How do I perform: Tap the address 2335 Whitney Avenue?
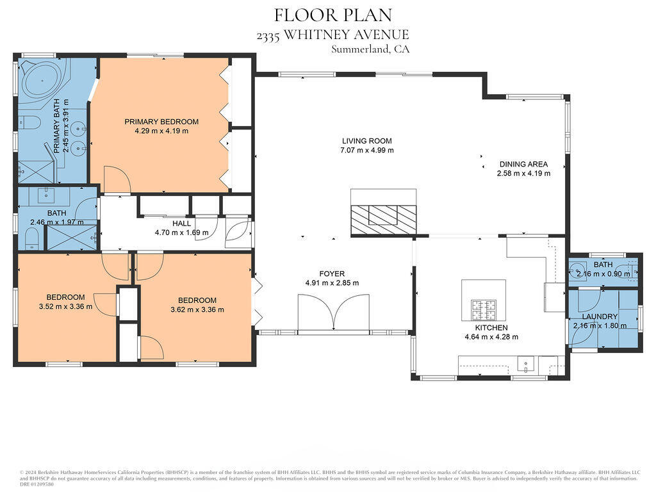(x=332, y=35)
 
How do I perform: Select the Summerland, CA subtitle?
(x=370, y=49)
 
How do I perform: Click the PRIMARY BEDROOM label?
(x=161, y=122)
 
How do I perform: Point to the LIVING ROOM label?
(x=366, y=141)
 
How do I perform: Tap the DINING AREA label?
(x=523, y=164)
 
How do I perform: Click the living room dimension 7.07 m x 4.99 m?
(x=367, y=151)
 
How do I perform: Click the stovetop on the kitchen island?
(x=484, y=309)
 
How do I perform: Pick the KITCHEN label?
(x=491, y=327)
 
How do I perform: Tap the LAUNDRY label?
(x=600, y=316)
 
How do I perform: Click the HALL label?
(x=181, y=223)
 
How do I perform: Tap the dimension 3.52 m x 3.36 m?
(x=65, y=306)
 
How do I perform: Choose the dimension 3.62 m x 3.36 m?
(x=197, y=309)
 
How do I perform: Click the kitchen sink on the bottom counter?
(x=527, y=365)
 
